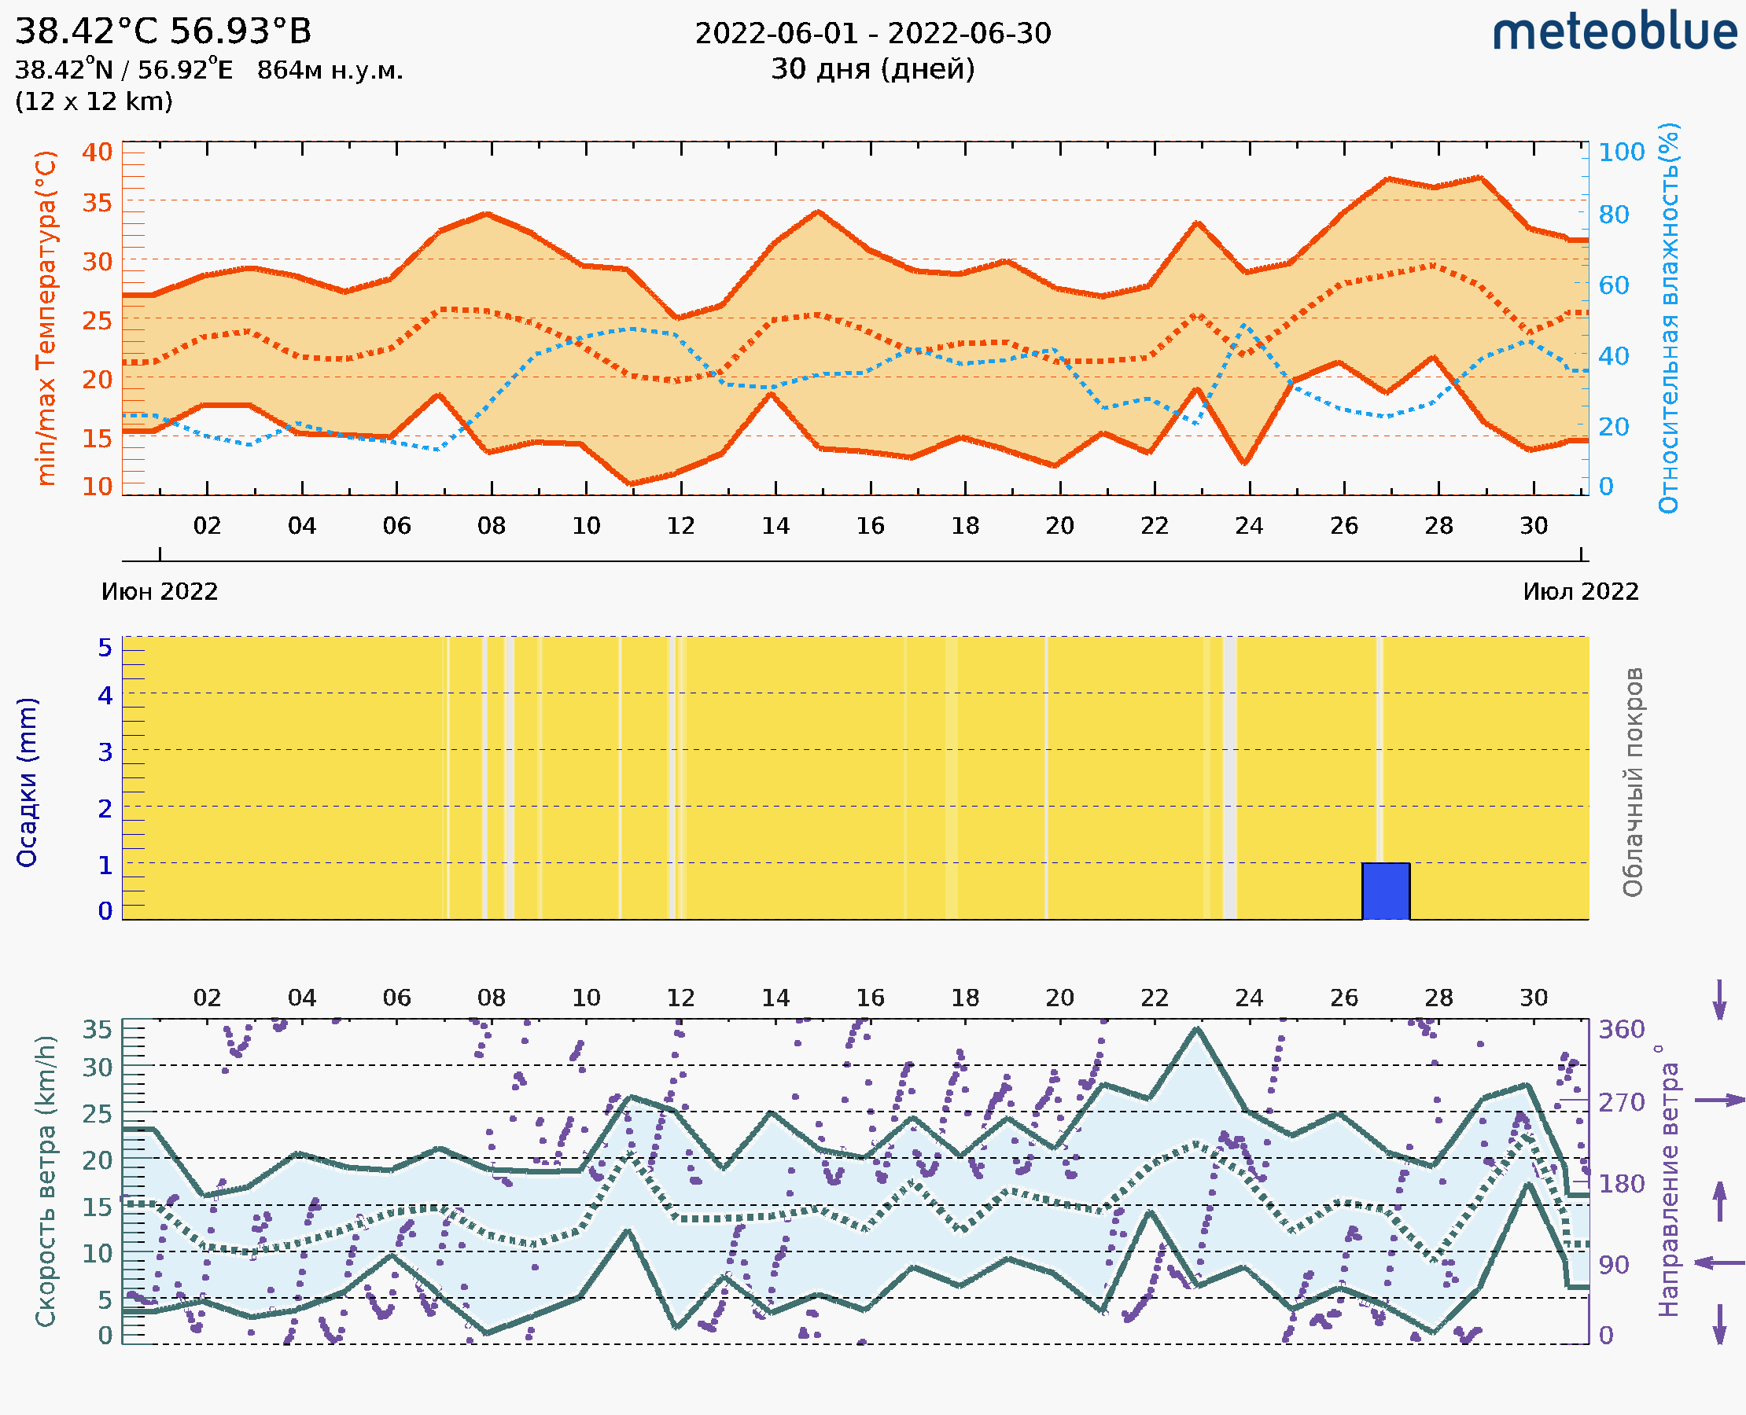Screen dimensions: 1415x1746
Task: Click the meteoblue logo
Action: pyautogui.click(x=1614, y=32)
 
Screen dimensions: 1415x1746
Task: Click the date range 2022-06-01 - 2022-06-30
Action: pyautogui.click(x=872, y=34)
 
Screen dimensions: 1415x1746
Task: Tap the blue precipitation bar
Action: pyautogui.click(x=1386, y=891)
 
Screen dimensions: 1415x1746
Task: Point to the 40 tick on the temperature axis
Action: pyautogui.click(x=97, y=152)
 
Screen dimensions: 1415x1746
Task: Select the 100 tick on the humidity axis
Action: pyautogui.click(x=1621, y=152)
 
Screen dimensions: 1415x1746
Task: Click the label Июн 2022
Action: pyautogui.click(x=160, y=591)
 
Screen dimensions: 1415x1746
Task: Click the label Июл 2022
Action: pyautogui.click(x=1581, y=591)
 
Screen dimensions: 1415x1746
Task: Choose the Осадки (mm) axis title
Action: pyautogui.click(x=27, y=782)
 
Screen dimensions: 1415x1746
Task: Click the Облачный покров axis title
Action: pyautogui.click(x=1633, y=782)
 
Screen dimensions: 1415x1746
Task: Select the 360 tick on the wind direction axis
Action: pyautogui.click(x=1621, y=1030)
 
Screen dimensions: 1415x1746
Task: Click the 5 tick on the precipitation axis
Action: pyautogui.click(x=105, y=648)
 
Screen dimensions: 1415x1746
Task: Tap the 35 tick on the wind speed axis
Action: pyautogui.click(x=97, y=1030)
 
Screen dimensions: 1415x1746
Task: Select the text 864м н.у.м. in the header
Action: pyautogui.click(x=330, y=70)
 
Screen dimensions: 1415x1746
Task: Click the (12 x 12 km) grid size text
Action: pyautogui.click(x=94, y=102)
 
